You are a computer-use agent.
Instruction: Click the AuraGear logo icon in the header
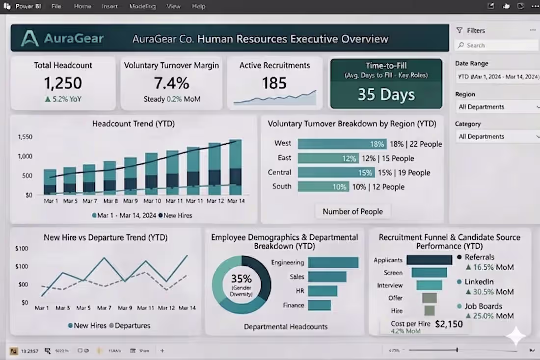pyautogui.click(x=30, y=38)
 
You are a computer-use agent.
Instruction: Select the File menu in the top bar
pyautogui.click(x=56, y=6)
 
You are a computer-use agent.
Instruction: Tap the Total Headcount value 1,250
pyautogui.click(x=63, y=83)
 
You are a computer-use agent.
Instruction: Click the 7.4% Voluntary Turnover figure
pyautogui.click(x=171, y=83)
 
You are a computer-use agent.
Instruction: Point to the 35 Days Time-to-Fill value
pyautogui.click(x=386, y=94)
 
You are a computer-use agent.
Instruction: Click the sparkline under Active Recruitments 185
pyautogui.click(x=275, y=98)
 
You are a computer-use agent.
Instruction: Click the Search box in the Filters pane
pyautogui.click(x=496, y=45)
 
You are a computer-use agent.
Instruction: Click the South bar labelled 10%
pyautogui.click(x=323, y=187)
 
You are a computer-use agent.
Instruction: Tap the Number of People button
pyautogui.click(x=352, y=211)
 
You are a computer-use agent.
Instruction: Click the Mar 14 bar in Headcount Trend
pyautogui.click(x=236, y=167)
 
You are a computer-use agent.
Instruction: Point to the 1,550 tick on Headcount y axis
pyautogui.click(x=25, y=137)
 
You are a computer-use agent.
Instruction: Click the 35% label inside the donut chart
pyautogui.click(x=241, y=279)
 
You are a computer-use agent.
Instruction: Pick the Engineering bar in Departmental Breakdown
pyautogui.click(x=333, y=262)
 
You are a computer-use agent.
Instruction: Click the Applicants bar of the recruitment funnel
pyautogui.click(x=429, y=260)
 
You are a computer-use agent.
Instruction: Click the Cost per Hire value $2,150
pyautogui.click(x=449, y=324)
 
